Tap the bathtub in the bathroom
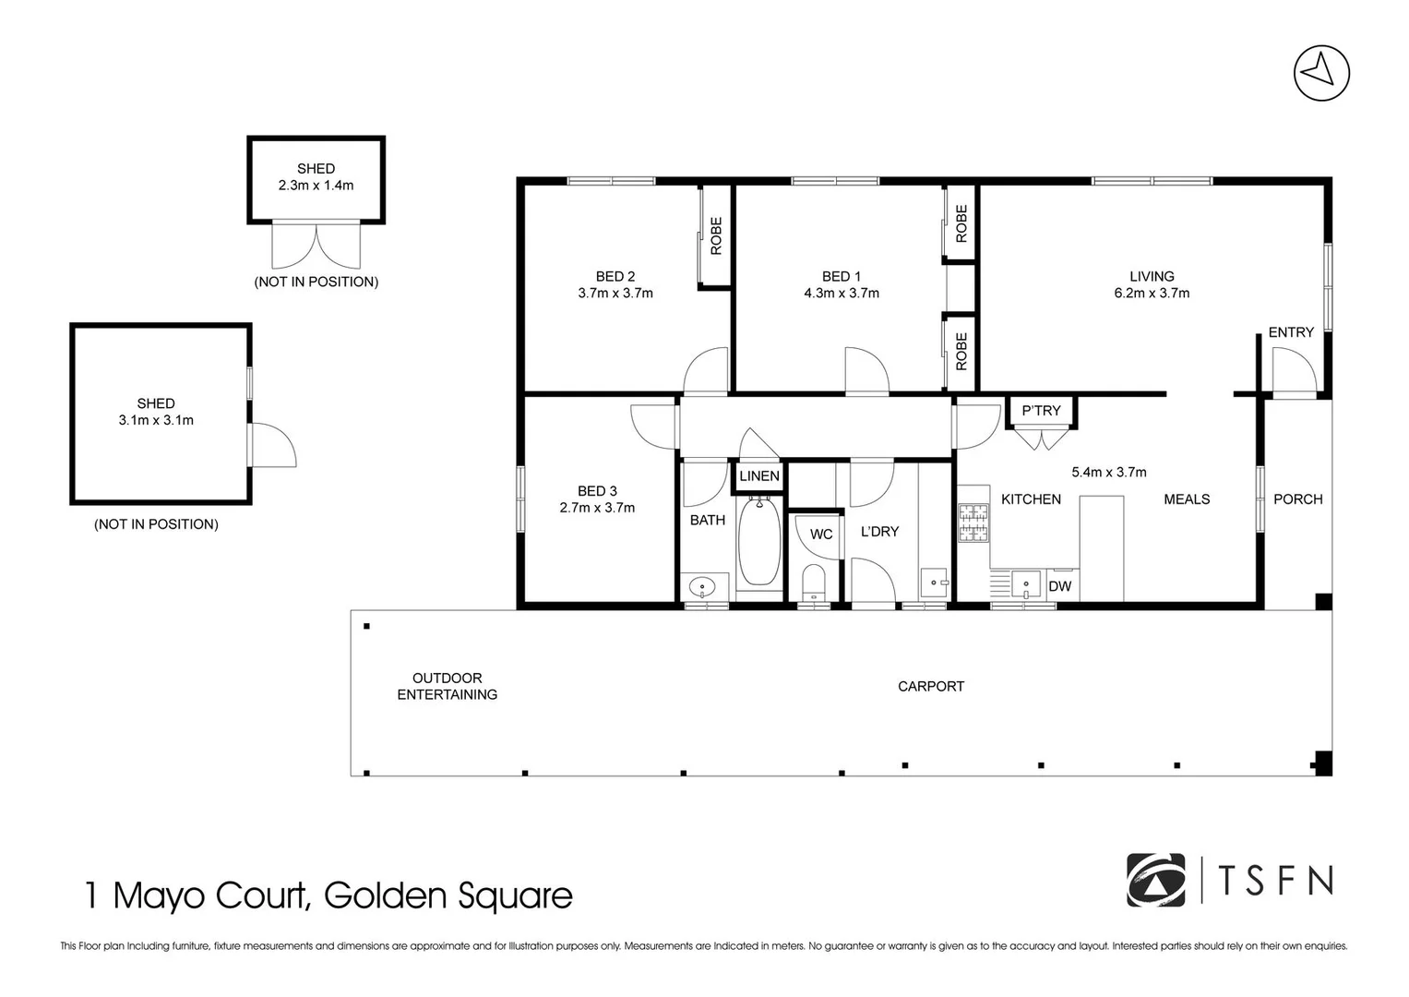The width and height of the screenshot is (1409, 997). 758,543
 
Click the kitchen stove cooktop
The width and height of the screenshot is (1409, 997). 973,523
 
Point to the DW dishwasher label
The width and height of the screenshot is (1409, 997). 1060,586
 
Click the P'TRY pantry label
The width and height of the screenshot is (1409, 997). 1041,411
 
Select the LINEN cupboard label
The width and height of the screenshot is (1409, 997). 759,476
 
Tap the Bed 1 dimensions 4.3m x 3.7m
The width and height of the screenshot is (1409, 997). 841,294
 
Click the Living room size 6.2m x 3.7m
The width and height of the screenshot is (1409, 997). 1152,294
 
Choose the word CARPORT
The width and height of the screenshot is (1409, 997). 930,686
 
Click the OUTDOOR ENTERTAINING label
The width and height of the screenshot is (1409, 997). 447,686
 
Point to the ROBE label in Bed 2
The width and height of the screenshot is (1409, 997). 716,235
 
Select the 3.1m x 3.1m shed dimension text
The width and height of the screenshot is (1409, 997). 156,420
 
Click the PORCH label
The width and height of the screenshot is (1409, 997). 1297,499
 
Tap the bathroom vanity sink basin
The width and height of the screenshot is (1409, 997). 703,585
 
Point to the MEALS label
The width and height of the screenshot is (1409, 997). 1187,499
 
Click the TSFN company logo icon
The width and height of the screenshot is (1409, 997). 1155,880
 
